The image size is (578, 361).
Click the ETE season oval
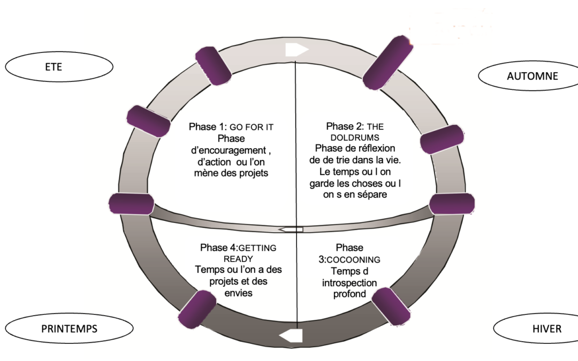click(x=59, y=67)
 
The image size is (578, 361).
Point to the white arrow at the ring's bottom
click(x=291, y=336)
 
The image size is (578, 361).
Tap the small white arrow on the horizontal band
click(x=291, y=229)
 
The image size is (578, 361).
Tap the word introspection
click(x=349, y=282)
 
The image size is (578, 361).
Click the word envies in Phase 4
click(x=238, y=293)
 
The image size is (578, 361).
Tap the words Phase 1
click(x=209, y=127)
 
